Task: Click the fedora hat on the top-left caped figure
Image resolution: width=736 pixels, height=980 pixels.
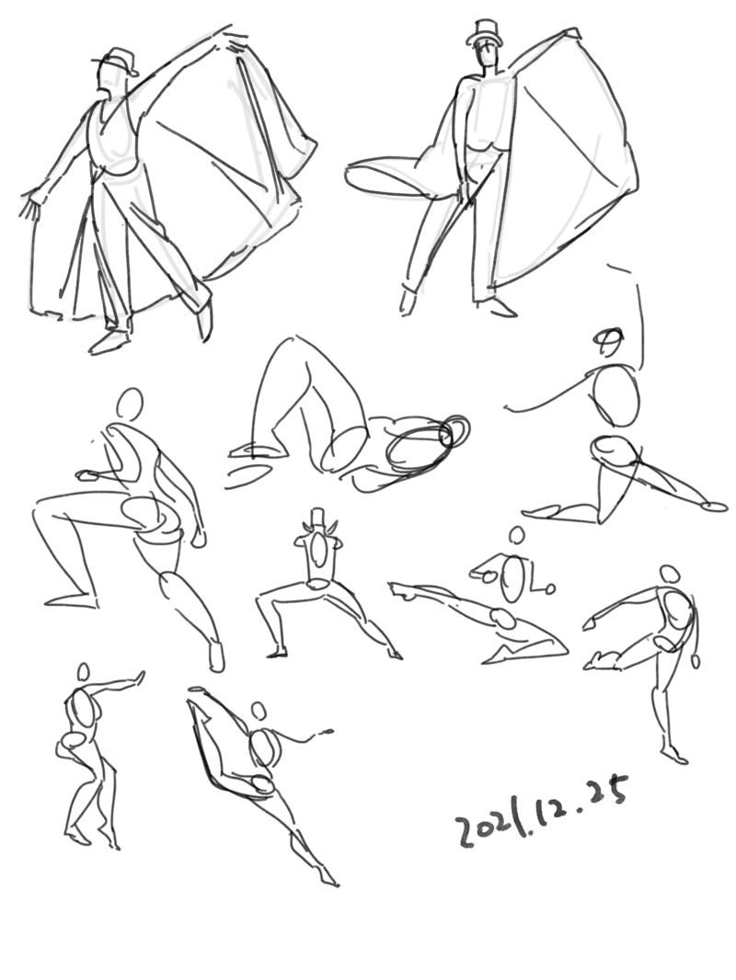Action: (x=116, y=61)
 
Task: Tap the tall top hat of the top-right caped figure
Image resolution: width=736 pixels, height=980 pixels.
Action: (x=484, y=33)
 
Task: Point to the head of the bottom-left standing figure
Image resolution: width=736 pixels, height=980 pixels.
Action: (x=83, y=673)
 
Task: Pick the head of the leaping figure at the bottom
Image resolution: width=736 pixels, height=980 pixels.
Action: (x=259, y=712)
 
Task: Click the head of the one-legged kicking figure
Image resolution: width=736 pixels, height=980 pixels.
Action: (x=670, y=575)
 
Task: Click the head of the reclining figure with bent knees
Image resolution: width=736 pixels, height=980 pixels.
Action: (x=454, y=430)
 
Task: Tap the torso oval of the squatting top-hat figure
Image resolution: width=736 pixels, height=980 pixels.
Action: (x=319, y=552)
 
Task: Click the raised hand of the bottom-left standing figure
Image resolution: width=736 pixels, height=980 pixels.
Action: (x=140, y=678)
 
